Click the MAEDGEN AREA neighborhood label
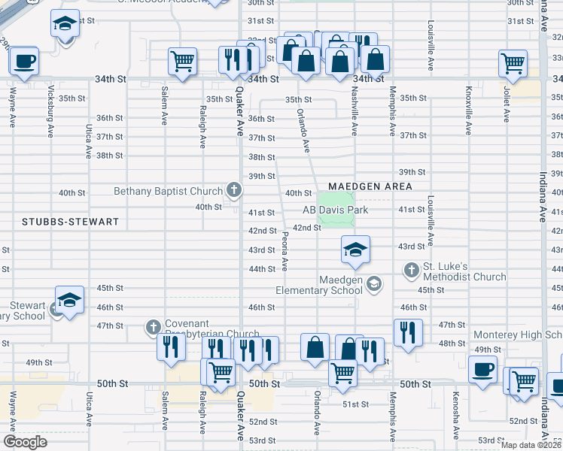(370, 186)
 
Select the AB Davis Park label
(336, 210)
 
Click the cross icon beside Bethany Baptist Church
(234, 191)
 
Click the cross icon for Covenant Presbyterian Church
(154, 326)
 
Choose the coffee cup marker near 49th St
(482, 369)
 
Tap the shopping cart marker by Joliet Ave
(513, 64)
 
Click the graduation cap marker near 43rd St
(355, 249)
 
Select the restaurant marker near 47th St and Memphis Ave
(407, 331)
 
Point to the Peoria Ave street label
(285, 252)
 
